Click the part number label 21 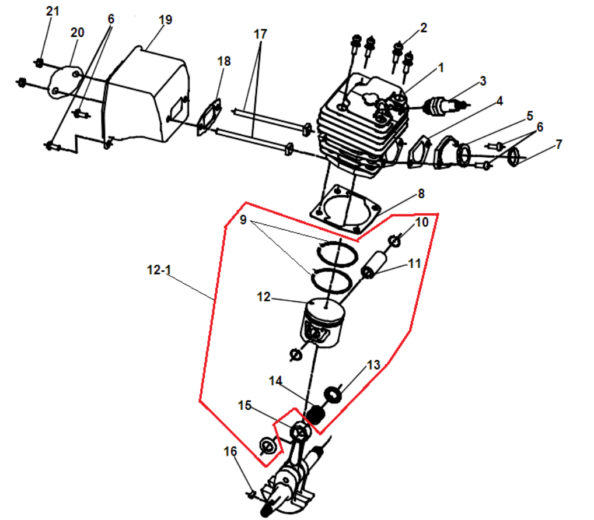point(53,11)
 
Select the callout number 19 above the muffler point(165,20)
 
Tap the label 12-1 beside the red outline point(159,270)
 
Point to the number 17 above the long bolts point(260,34)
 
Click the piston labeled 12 point(323,322)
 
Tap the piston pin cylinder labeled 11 point(374,264)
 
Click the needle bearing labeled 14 point(315,414)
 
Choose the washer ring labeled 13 point(333,394)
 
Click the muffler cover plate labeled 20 point(65,83)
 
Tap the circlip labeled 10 point(394,241)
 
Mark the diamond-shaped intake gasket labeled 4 point(420,152)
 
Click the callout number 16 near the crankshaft point(230,451)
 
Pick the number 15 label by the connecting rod point(244,405)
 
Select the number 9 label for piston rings point(243,220)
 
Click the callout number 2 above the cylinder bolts point(424,27)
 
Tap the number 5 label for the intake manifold point(530,115)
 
